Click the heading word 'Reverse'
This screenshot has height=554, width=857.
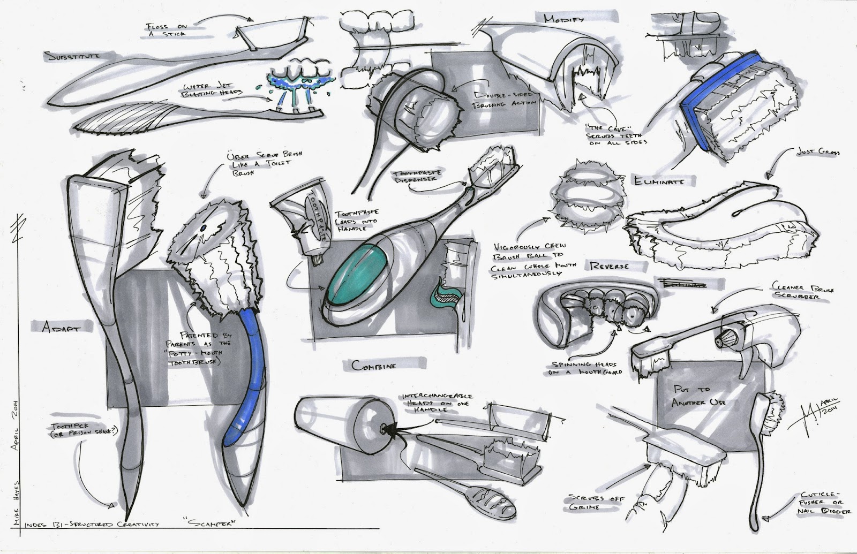(608, 266)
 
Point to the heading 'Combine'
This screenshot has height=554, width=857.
(374, 365)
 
